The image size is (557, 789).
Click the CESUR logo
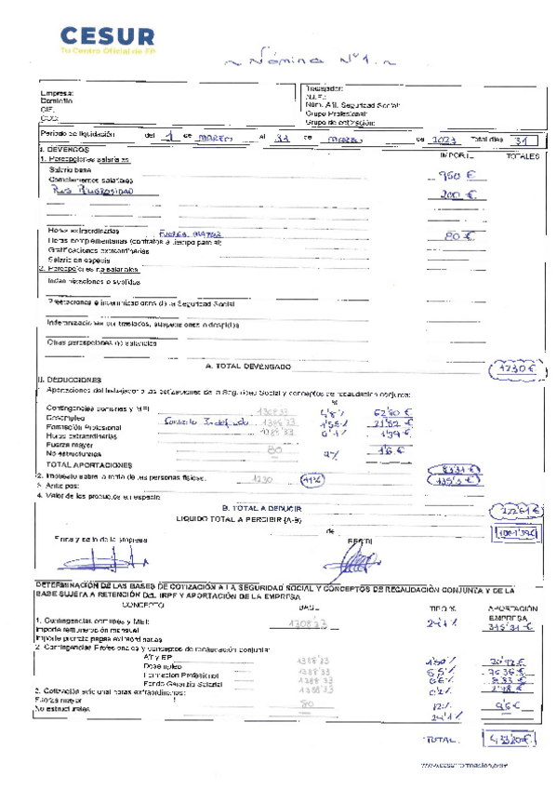(107, 40)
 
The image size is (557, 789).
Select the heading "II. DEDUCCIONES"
(70, 381)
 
